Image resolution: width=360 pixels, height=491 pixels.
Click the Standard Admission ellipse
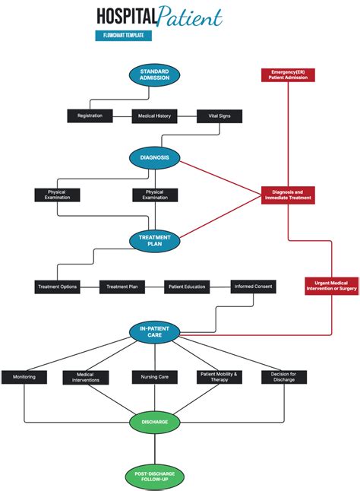[x=154, y=74]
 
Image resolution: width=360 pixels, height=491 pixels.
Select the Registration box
[x=90, y=116]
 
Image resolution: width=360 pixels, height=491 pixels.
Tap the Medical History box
[x=154, y=116]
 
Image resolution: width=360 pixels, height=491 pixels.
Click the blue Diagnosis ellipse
[x=154, y=158]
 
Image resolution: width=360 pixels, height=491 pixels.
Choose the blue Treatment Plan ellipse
[x=154, y=241]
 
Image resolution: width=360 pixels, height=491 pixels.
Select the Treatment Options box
[x=57, y=287]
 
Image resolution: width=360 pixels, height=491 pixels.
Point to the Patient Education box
[x=187, y=287]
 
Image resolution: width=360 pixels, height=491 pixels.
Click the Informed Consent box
[x=253, y=287]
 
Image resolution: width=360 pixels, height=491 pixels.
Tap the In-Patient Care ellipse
[x=154, y=331]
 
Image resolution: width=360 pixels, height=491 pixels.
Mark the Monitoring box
[x=24, y=377]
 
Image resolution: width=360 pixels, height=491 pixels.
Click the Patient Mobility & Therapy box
[x=219, y=377]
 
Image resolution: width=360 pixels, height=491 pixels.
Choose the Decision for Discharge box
[x=284, y=377]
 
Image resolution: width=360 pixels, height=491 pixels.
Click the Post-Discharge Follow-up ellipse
[x=154, y=477]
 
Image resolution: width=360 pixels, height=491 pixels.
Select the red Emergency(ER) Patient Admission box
[x=287, y=74]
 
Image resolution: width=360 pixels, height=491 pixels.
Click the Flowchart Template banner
[x=123, y=36]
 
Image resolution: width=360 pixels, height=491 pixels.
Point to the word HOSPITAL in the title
[x=126, y=17]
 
